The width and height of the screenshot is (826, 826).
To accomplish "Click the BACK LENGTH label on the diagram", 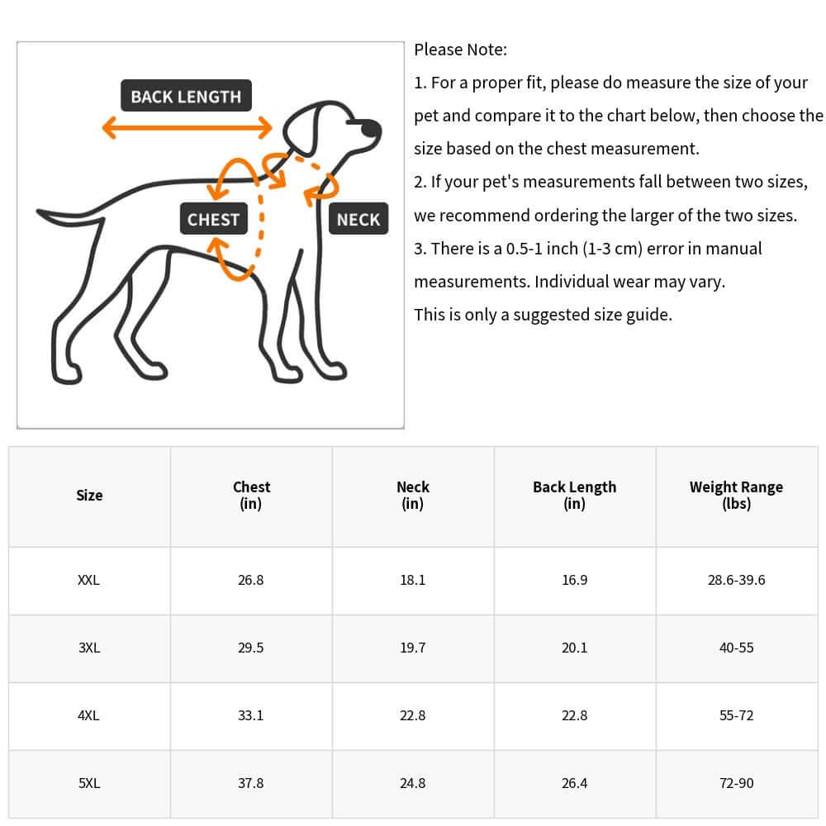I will pyautogui.click(x=186, y=97).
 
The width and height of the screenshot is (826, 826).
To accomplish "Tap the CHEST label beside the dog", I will pyautogui.click(x=213, y=220).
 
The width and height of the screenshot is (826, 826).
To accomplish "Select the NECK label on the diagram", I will pyautogui.click(x=358, y=220).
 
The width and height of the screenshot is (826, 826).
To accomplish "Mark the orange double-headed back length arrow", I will pyautogui.click(x=187, y=127).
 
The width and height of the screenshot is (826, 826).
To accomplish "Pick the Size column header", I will pyautogui.click(x=89, y=496).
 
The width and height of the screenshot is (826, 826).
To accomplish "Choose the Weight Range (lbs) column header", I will pyautogui.click(x=736, y=495).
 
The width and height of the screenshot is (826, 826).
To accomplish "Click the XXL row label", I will pyautogui.click(x=88, y=580).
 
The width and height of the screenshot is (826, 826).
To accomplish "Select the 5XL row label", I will pyautogui.click(x=89, y=783).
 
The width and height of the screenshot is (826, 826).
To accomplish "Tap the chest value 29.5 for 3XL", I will pyautogui.click(x=250, y=648).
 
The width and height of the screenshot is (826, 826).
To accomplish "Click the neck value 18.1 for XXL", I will pyautogui.click(x=412, y=580).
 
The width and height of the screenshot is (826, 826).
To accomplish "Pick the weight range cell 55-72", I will pyautogui.click(x=736, y=715).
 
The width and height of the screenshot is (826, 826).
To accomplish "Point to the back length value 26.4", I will pyautogui.click(x=574, y=783).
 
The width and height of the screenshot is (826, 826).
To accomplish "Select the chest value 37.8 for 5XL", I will pyautogui.click(x=250, y=783).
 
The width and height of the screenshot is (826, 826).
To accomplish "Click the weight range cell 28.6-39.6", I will pyautogui.click(x=736, y=580).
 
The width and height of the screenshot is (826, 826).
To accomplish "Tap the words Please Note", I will pyautogui.click(x=460, y=50).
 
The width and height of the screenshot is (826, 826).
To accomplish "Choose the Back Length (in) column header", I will pyautogui.click(x=574, y=495).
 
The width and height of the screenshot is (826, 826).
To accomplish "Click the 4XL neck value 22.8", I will pyautogui.click(x=412, y=715).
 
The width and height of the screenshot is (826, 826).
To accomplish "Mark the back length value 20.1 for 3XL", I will pyautogui.click(x=574, y=648).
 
